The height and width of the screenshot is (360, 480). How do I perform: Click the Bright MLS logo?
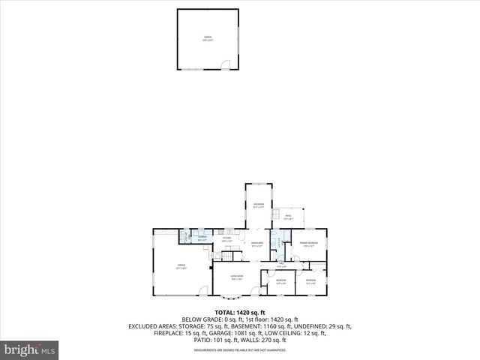[x=30, y=349]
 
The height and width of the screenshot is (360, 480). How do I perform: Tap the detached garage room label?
[x=208, y=38]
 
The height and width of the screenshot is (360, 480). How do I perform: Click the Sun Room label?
[x=259, y=205]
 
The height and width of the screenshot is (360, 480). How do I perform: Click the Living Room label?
[x=237, y=277]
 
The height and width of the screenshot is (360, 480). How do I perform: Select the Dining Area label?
[x=256, y=244]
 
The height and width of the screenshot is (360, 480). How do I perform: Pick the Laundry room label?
[x=202, y=238]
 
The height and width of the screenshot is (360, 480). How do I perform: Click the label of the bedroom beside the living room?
[x=281, y=281]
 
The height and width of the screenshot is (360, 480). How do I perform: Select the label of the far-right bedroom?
[x=310, y=281]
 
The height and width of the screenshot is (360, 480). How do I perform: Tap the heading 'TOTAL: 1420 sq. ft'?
[x=240, y=312]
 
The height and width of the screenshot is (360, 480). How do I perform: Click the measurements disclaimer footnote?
[x=240, y=349]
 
